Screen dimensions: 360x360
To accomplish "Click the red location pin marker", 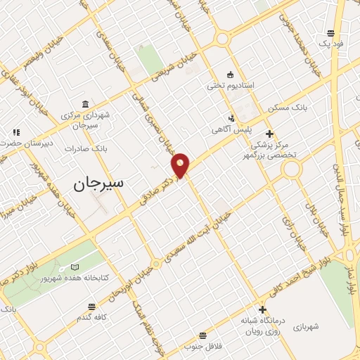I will (x=181, y=165).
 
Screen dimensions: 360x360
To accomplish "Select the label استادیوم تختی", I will (x=230, y=85).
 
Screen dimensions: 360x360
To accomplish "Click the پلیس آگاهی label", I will (x=229, y=130).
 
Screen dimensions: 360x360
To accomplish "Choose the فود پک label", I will (x=330, y=44).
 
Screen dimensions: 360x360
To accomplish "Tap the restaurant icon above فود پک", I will (x=330, y=32).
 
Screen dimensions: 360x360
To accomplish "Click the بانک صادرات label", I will (x=85, y=149).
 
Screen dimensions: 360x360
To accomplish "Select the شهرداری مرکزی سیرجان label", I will (x=86, y=119).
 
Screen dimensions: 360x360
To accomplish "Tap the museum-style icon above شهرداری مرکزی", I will (x=86, y=104).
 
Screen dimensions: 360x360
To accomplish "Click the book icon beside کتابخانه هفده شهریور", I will (x=75, y=268).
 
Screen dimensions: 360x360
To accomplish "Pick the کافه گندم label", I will (x=92, y=317).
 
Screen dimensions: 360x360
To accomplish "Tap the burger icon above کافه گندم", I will (x=91, y=306).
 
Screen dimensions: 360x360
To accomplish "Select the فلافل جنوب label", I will (x=202, y=346).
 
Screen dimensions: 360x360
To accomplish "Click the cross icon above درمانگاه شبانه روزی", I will (x=262, y=309).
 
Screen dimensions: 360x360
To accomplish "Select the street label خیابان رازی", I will (x=289, y=229).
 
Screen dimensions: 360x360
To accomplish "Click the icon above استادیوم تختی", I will (x=229, y=74).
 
